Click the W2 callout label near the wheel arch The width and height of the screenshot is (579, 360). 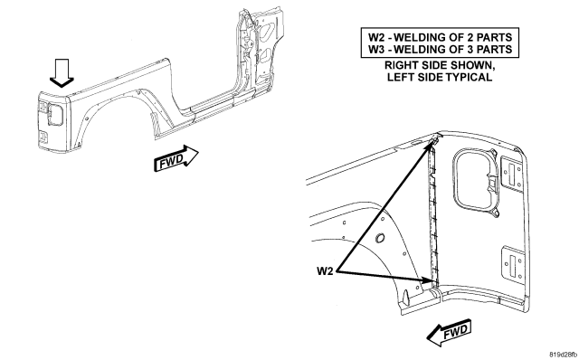click(x=325, y=271)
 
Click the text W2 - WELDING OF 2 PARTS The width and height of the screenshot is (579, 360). click(x=440, y=37)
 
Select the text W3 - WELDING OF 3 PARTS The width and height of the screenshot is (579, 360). click(x=440, y=49)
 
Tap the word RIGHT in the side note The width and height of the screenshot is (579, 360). click(x=400, y=65)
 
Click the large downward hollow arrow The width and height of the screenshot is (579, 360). click(x=62, y=73)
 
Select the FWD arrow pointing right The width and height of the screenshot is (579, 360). click(x=176, y=158)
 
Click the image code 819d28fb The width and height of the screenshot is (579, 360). click(x=563, y=355)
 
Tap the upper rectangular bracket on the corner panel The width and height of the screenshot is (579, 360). click(x=511, y=170)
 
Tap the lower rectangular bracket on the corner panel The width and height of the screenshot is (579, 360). click(x=513, y=262)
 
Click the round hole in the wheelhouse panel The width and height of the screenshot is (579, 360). click(x=379, y=238)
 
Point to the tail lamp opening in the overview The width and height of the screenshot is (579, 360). click(x=54, y=114)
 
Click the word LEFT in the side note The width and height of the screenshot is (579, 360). click(x=400, y=77)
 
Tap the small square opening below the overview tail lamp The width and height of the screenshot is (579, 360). click(x=43, y=137)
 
